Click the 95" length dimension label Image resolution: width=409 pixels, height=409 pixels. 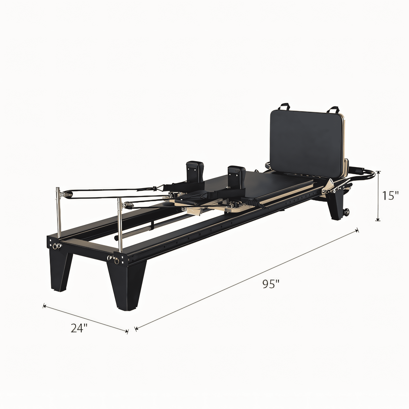click(271, 284)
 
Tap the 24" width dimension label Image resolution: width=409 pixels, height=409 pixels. click(79, 328)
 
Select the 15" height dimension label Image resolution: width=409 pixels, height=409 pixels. click(390, 196)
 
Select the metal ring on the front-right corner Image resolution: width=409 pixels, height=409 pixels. click(116, 261)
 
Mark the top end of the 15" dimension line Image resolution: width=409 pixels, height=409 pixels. click(378, 172)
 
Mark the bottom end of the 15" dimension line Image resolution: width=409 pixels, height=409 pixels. click(378, 220)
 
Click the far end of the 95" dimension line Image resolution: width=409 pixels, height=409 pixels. click(358, 230)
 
